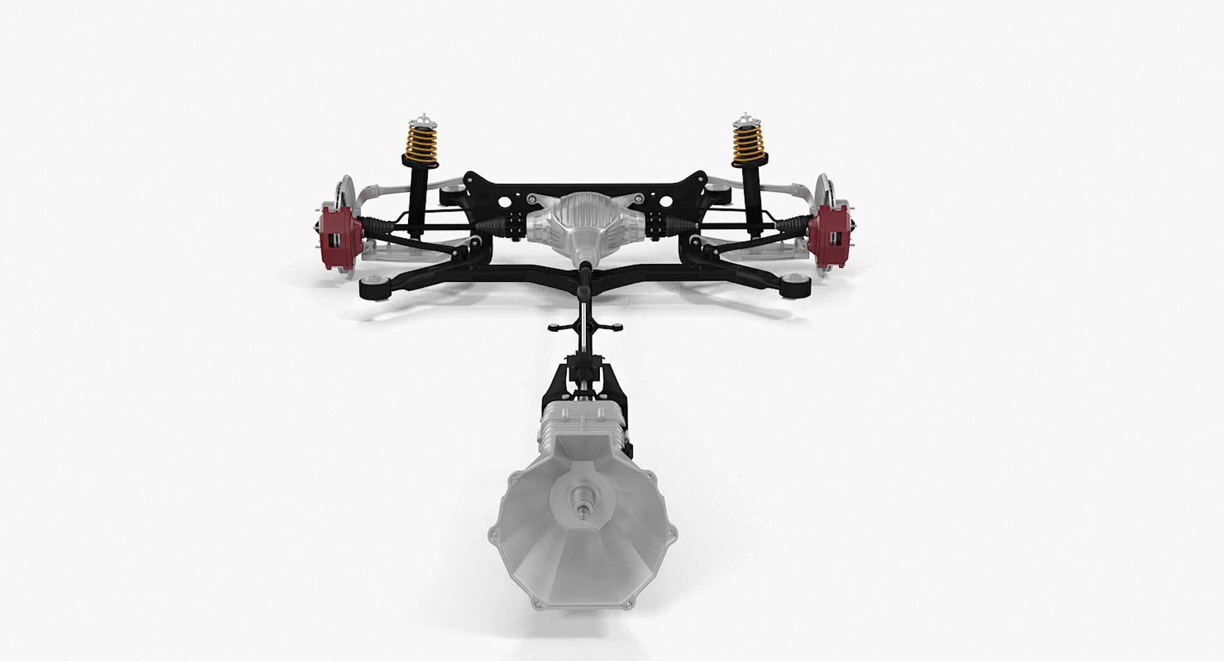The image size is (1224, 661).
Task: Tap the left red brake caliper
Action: point(335,232)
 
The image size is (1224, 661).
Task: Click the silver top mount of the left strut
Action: point(418,120)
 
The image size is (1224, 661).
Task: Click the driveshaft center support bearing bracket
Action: point(581,329)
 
